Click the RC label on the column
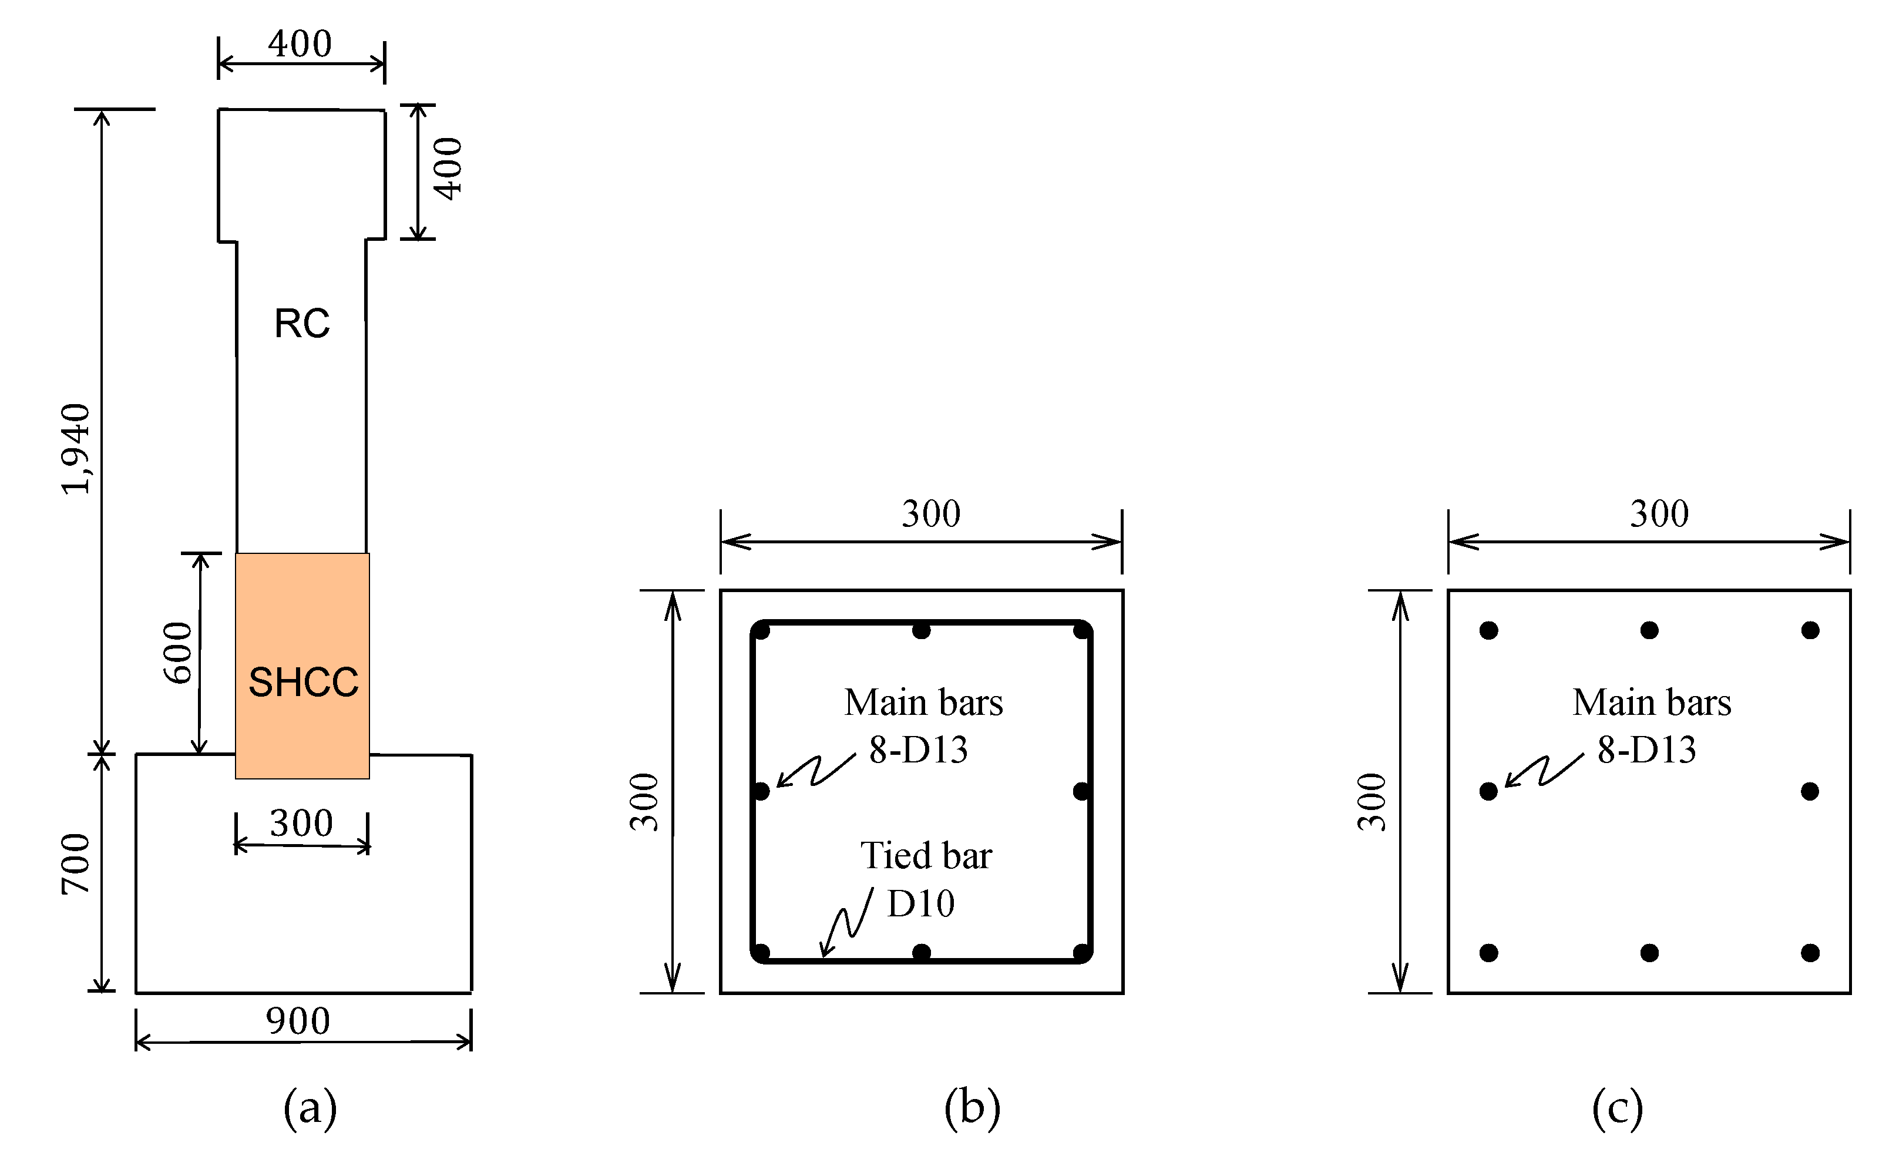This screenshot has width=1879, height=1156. tap(302, 324)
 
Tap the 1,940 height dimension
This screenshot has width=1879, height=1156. tap(76, 449)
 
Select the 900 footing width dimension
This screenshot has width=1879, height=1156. tap(298, 1021)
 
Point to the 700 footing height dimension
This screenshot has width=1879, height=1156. tap(76, 864)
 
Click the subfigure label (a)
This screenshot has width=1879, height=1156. tap(310, 1107)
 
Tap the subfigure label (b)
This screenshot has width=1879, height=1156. tap(972, 1107)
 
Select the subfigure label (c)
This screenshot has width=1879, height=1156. tap(1618, 1107)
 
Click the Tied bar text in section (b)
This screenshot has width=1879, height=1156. tap(926, 855)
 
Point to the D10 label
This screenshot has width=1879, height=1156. tap(920, 903)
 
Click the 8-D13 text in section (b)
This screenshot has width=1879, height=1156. tap(918, 750)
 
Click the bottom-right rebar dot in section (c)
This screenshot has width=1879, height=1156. tap(1810, 953)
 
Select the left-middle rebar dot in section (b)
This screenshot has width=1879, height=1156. tap(761, 791)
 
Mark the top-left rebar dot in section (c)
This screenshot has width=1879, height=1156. tap(1488, 630)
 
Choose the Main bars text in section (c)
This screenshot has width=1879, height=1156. tap(1652, 702)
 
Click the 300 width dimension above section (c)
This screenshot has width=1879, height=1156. tap(1659, 514)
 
